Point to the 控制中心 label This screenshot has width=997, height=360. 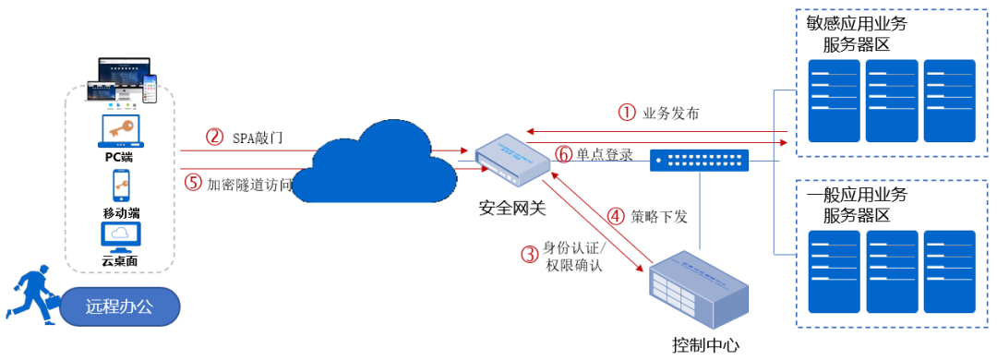tap(706, 345)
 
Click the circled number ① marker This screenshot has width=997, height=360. tap(627, 113)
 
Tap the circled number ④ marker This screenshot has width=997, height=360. tap(617, 218)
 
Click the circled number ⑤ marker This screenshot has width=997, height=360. tap(193, 183)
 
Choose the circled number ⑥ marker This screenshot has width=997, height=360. tap(563, 154)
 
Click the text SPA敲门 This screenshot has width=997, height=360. tap(257, 138)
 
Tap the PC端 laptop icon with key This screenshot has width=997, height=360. tap(120, 131)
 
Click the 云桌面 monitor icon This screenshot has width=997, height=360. tap(120, 236)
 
